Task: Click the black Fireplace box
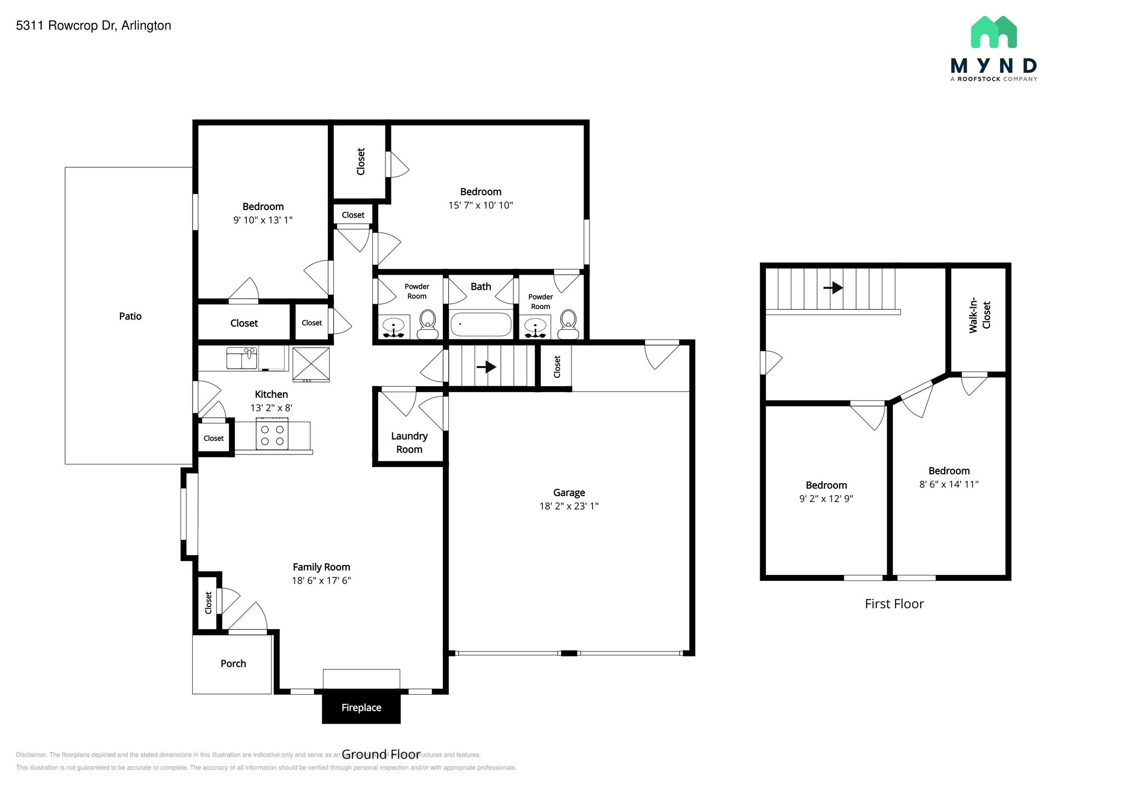click(x=361, y=708)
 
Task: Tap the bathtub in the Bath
click(x=481, y=324)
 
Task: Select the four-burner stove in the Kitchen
click(x=272, y=434)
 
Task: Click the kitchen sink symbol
click(x=242, y=358)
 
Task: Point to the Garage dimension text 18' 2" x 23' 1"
click(x=569, y=506)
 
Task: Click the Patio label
click(x=130, y=316)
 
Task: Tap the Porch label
click(x=233, y=663)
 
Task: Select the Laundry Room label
click(x=409, y=442)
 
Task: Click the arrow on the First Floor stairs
click(x=833, y=287)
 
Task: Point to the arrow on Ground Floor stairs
click(x=486, y=366)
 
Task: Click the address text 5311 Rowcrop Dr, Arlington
click(x=94, y=26)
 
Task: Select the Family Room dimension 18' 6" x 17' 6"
click(x=321, y=580)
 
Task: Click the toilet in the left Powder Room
click(x=427, y=325)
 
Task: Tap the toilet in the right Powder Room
click(x=568, y=325)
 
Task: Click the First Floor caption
click(x=894, y=604)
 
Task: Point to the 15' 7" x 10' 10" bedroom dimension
click(x=481, y=205)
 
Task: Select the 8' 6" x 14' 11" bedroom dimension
click(x=949, y=484)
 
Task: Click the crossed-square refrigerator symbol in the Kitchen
click(x=311, y=364)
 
